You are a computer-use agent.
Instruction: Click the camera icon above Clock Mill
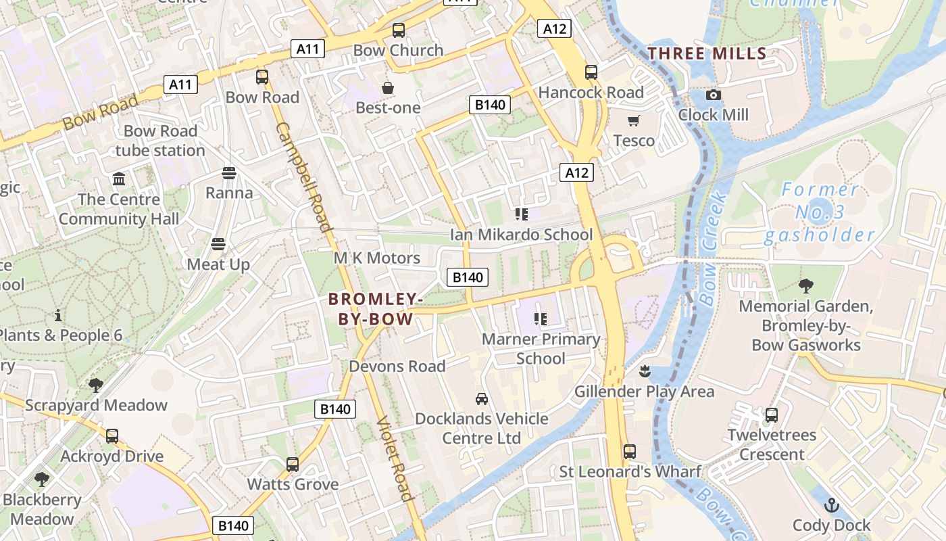713,95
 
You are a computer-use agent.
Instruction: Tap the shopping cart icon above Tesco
633,121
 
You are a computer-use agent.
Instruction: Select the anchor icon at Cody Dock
832,505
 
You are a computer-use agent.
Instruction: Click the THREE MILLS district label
707,53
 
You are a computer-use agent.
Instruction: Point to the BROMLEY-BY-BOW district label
376,308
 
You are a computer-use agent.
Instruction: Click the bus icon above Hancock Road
591,72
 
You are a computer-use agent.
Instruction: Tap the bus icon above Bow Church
399,30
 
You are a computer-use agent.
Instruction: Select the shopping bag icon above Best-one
388,88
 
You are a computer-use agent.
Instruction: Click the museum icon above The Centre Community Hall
120,179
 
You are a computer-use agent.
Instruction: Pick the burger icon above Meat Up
218,244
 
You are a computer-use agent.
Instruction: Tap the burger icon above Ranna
229,173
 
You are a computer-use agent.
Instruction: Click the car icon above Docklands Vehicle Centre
481,398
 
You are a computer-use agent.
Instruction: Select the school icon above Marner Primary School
540,319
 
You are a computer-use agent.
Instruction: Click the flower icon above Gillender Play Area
645,371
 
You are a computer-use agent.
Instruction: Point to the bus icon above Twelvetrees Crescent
771,415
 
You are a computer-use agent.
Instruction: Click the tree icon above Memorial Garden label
805,285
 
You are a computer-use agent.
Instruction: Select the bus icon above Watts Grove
293,464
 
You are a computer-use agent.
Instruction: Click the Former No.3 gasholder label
819,212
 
